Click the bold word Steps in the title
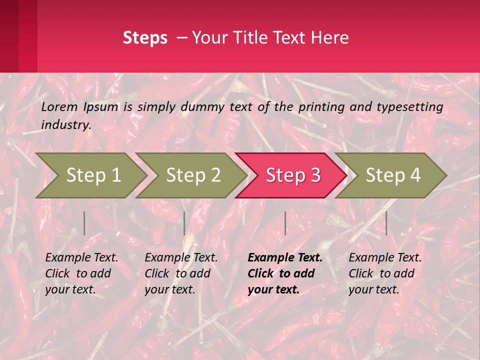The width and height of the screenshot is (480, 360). (x=145, y=37)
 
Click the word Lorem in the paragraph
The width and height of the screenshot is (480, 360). (x=59, y=106)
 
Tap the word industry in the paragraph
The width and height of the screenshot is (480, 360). (x=66, y=125)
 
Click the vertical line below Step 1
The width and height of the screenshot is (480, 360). (x=84, y=223)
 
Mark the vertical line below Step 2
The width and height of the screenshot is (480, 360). (x=184, y=223)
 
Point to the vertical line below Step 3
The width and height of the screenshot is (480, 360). (x=285, y=223)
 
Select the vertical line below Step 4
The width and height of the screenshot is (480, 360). (x=386, y=223)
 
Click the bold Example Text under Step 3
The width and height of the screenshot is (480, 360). (x=285, y=258)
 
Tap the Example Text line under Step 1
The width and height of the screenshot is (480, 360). (x=81, y=258)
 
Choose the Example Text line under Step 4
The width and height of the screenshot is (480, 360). (x=385, y=258)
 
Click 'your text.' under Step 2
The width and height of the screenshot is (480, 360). (x=169, y=289)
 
